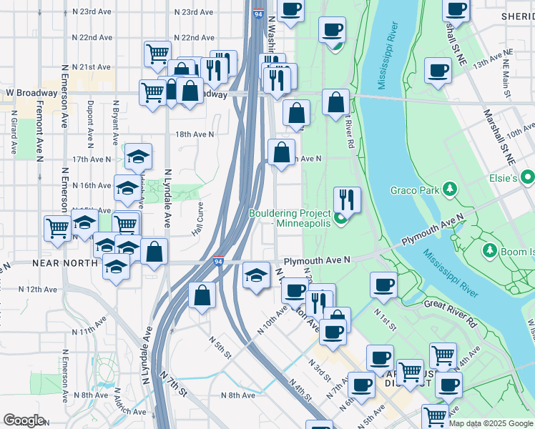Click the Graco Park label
tap(416, 190)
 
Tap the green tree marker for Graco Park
tap(450, 189)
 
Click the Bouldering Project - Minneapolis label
tap(290, 218)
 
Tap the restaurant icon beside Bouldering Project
tap(347, 199)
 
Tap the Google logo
tap(25, 420)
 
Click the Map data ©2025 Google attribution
tap(491, 423)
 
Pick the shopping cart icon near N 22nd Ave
tap(157, 53)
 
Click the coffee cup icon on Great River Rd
tap(383, 285)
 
